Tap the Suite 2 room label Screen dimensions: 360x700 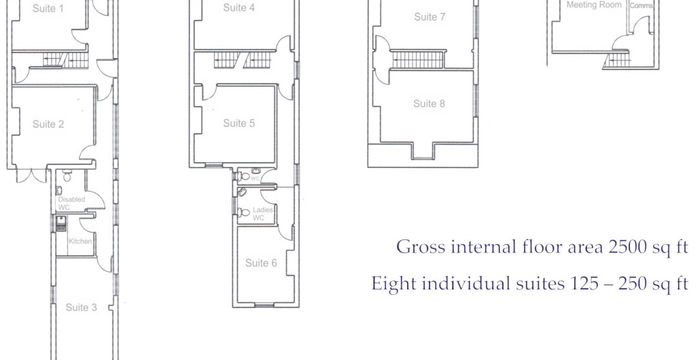pyautogui.click(x=49, y=124)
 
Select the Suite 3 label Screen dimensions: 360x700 pyautogui.click(x=81, y=307)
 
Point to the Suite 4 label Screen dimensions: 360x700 pyautogui.click(x=238, y=8)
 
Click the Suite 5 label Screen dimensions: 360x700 pyautogui.click(x=239, y=123)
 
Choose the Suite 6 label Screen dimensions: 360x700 pyautogui.click(x=261, y=263)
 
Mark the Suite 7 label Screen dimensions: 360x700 pyautogui.click(x=429, y=17)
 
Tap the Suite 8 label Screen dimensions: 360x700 pyautogui.click(x=429, y=103)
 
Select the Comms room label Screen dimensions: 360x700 pyautogui.click(x=640, y=5)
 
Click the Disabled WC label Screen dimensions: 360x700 pyautogui.click(x=71, y=203)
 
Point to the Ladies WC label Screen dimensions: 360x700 pyautogui.click(x=258, y=214)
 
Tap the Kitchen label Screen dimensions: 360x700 pyautogui.click(x=80, y=242)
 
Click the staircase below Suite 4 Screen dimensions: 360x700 pyautogui.click(x=232, y=60)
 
